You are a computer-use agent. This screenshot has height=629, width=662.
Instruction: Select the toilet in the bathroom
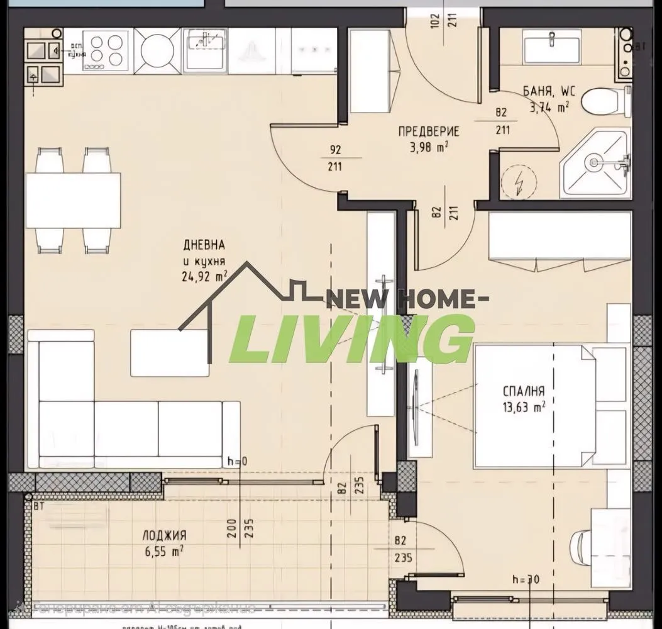(x=604, y=103)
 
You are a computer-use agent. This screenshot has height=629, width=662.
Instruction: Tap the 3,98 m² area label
(x=429, y=147)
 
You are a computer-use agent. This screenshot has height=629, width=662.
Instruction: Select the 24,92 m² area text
(x=204, y=274)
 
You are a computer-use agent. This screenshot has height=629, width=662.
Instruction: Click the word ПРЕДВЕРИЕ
(x=428, y=132)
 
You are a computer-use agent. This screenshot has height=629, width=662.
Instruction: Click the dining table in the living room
(x=74, y=201)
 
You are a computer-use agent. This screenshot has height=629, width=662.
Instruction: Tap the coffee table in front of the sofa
(x=170, y=353)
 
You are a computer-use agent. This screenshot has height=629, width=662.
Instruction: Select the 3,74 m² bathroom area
(x=549, y=107)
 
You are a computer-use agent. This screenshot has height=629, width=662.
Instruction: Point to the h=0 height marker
(x=238, y=461)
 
